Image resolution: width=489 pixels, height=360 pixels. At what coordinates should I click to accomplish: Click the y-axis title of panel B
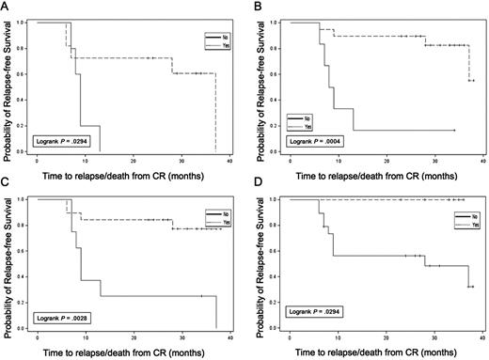pos(261,85)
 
